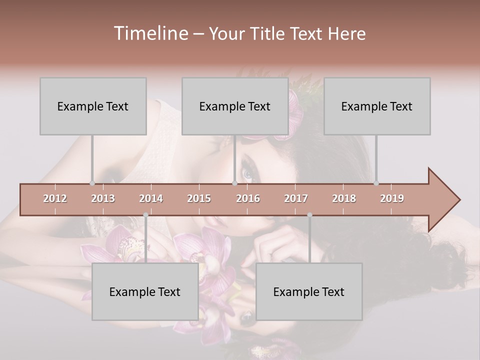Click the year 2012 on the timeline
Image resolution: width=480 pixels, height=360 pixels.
55,198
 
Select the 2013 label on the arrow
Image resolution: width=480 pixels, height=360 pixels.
103,198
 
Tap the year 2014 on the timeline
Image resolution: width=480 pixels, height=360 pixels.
151,198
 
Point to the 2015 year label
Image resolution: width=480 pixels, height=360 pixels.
199,198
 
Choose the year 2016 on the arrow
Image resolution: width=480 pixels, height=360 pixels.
248,198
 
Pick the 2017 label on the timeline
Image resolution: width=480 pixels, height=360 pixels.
296,198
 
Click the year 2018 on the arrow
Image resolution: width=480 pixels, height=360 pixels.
344,198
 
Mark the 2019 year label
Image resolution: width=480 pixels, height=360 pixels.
392,198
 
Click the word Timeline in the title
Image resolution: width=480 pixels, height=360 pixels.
150,33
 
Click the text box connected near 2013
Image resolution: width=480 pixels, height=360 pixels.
93,106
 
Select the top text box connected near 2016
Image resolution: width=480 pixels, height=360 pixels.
235,106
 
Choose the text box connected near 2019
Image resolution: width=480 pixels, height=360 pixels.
377,106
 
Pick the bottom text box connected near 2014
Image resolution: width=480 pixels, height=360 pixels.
145,291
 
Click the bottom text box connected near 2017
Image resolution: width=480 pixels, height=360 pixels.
309,291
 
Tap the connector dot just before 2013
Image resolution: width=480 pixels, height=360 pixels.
92,183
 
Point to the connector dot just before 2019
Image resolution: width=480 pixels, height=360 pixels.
376,183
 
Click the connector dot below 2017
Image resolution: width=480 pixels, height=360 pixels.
309,215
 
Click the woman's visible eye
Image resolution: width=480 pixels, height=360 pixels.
248,172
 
